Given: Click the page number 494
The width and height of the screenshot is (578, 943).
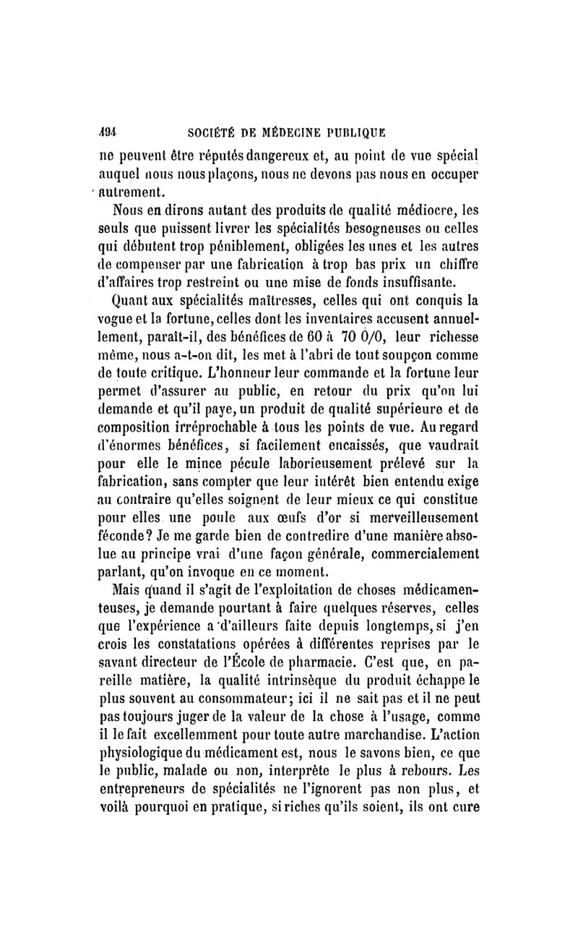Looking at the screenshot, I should coord(108,133).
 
